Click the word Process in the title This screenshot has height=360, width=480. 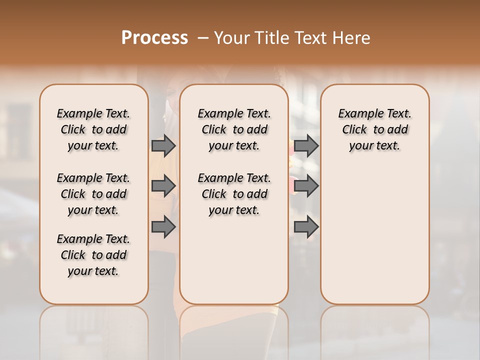(154, 37)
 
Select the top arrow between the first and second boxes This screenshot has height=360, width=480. (163, 145)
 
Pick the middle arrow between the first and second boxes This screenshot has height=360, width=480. (163, 186)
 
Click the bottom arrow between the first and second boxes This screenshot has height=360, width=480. (163, 227)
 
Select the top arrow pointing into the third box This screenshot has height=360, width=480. (306, 145)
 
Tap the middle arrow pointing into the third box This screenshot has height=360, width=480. (306, 186)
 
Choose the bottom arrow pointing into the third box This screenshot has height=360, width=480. (306, 227)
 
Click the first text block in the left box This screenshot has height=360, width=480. (93, 129)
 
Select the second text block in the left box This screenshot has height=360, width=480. (93, 194)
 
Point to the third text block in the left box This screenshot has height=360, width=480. (93, 255)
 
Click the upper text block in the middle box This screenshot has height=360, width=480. (234, 129)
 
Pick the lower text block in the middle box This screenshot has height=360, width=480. (234, 194)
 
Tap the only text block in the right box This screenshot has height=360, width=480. (375, 129)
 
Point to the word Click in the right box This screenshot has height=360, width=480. (354, 130)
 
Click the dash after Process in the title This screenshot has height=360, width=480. (202, 37)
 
